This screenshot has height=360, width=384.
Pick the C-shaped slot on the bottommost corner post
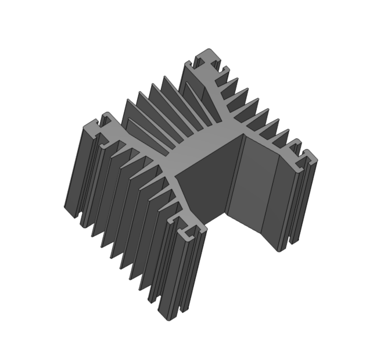tap(189, 234)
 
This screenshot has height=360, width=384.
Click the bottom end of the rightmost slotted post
tap(282, 247)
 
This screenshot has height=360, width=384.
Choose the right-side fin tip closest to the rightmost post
tap(293, 142)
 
